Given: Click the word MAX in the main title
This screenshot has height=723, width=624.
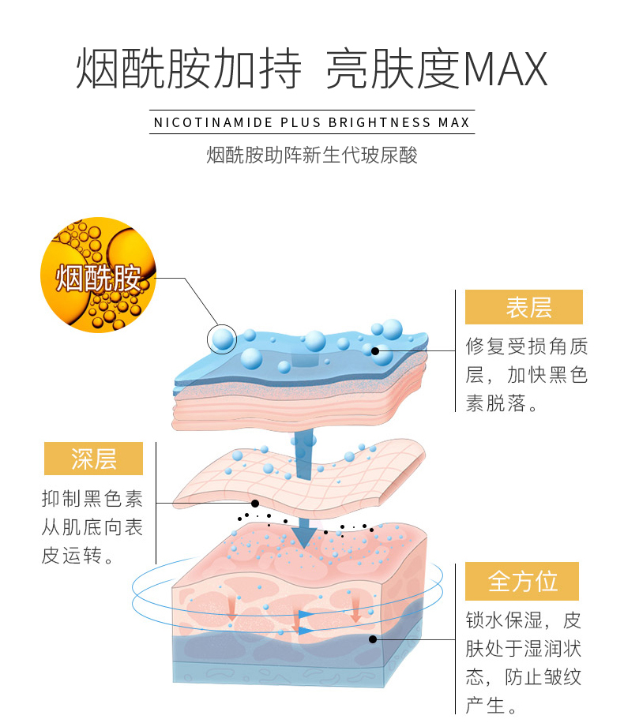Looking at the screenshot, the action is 505,70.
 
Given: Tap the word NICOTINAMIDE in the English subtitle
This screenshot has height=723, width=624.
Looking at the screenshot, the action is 213,123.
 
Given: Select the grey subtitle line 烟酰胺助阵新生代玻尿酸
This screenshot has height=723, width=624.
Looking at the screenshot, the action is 312,155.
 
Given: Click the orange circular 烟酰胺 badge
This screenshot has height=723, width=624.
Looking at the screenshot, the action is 98,275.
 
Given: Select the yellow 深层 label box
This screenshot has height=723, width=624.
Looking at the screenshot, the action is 94,458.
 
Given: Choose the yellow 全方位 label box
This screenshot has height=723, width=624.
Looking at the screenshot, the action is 522,582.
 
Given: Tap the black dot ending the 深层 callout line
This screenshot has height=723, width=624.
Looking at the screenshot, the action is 254,503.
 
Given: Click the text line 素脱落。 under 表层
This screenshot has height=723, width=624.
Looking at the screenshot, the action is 502,403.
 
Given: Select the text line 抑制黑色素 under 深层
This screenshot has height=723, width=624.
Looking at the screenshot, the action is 92,499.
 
